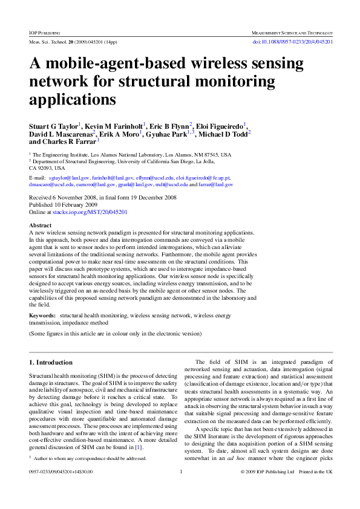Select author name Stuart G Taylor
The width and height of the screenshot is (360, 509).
(x=52, y=126)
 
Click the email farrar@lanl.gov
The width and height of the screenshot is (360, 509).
(x=215, y=184)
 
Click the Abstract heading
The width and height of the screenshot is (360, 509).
(x=41, y=225)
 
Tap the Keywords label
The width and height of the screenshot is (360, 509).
(x=44, y=316)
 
